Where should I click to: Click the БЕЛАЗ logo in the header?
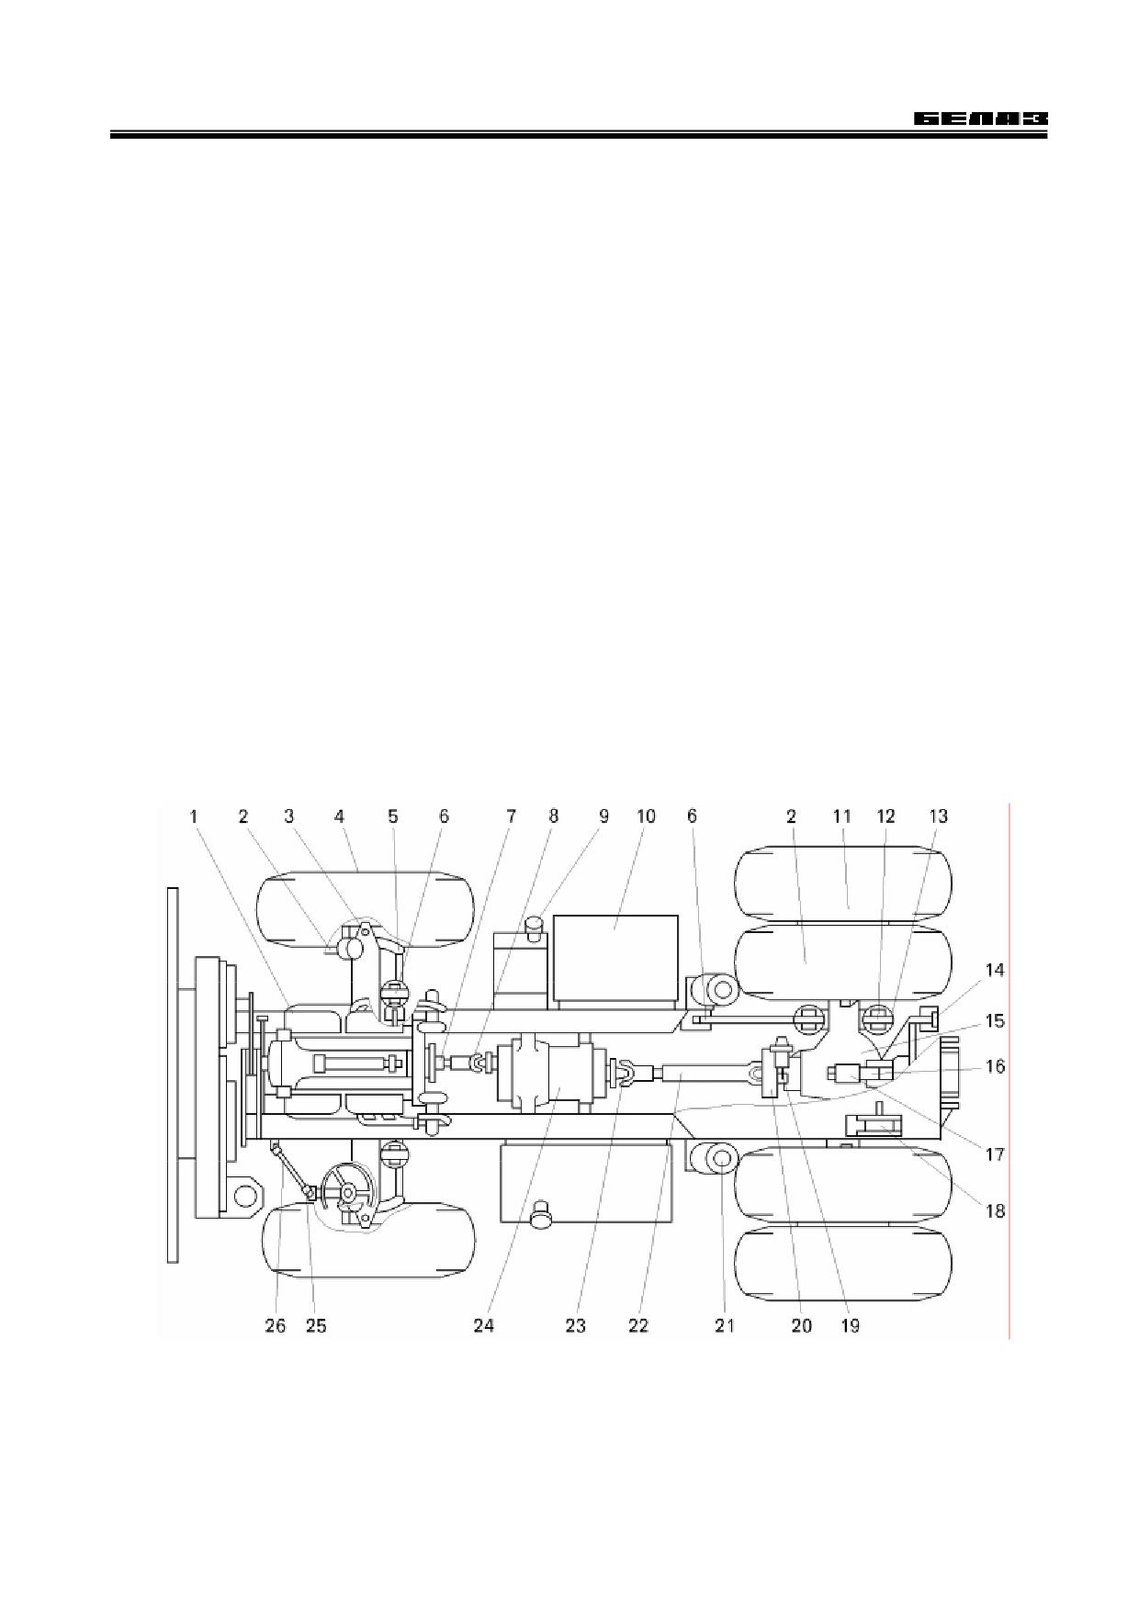(980, 119)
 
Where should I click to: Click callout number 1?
(194, 816)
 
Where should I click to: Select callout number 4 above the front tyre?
(340, 816)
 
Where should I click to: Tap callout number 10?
(646, 816)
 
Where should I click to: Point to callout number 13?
(939, 816)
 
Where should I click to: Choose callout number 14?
(995, 970)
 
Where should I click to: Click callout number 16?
(995, 1066)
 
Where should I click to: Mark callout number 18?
(995, 1210)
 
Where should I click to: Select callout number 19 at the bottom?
(851, 1325)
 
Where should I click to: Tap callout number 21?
(726, 1325)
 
